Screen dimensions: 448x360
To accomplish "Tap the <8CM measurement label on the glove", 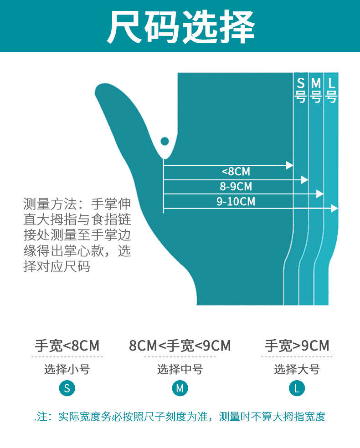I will click(236, 172).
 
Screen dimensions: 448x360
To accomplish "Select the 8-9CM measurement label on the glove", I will click(236, 186).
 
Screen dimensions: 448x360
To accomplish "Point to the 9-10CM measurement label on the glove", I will click(236, 201).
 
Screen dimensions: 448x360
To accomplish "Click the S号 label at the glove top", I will click(301, 90).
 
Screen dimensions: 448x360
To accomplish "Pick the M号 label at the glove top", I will click(316, 90).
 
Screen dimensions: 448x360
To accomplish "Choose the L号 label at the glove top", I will click(332, 90).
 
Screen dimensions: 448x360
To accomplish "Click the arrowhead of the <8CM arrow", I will click(290, 165).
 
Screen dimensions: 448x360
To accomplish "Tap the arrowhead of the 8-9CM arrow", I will click(305, 180).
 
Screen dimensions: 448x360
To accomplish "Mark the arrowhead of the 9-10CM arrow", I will click(335, 209).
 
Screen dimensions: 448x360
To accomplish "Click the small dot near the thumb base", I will click(165, 141).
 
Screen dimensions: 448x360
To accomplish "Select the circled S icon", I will click(67, 388).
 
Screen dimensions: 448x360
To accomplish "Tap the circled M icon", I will click(180, 388).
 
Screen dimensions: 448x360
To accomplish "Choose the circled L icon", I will click(297, 388).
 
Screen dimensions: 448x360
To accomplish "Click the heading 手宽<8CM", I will click(67, 346).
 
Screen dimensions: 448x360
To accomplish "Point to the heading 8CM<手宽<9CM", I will click(180, 346).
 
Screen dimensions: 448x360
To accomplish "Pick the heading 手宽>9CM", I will click(297, 346).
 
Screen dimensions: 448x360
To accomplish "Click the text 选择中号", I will click(180, 369).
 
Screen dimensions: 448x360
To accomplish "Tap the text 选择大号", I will click(297, 369).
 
